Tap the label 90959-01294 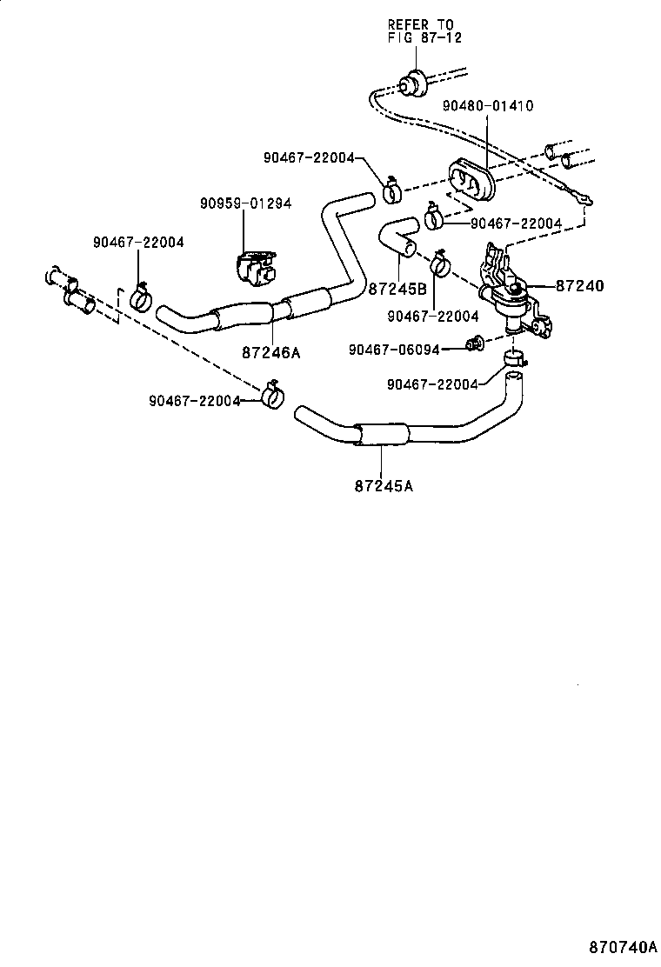coord(244,203)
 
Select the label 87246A coord(271,352)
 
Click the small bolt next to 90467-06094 coord(476,345)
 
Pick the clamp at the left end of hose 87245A coord(273,396)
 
